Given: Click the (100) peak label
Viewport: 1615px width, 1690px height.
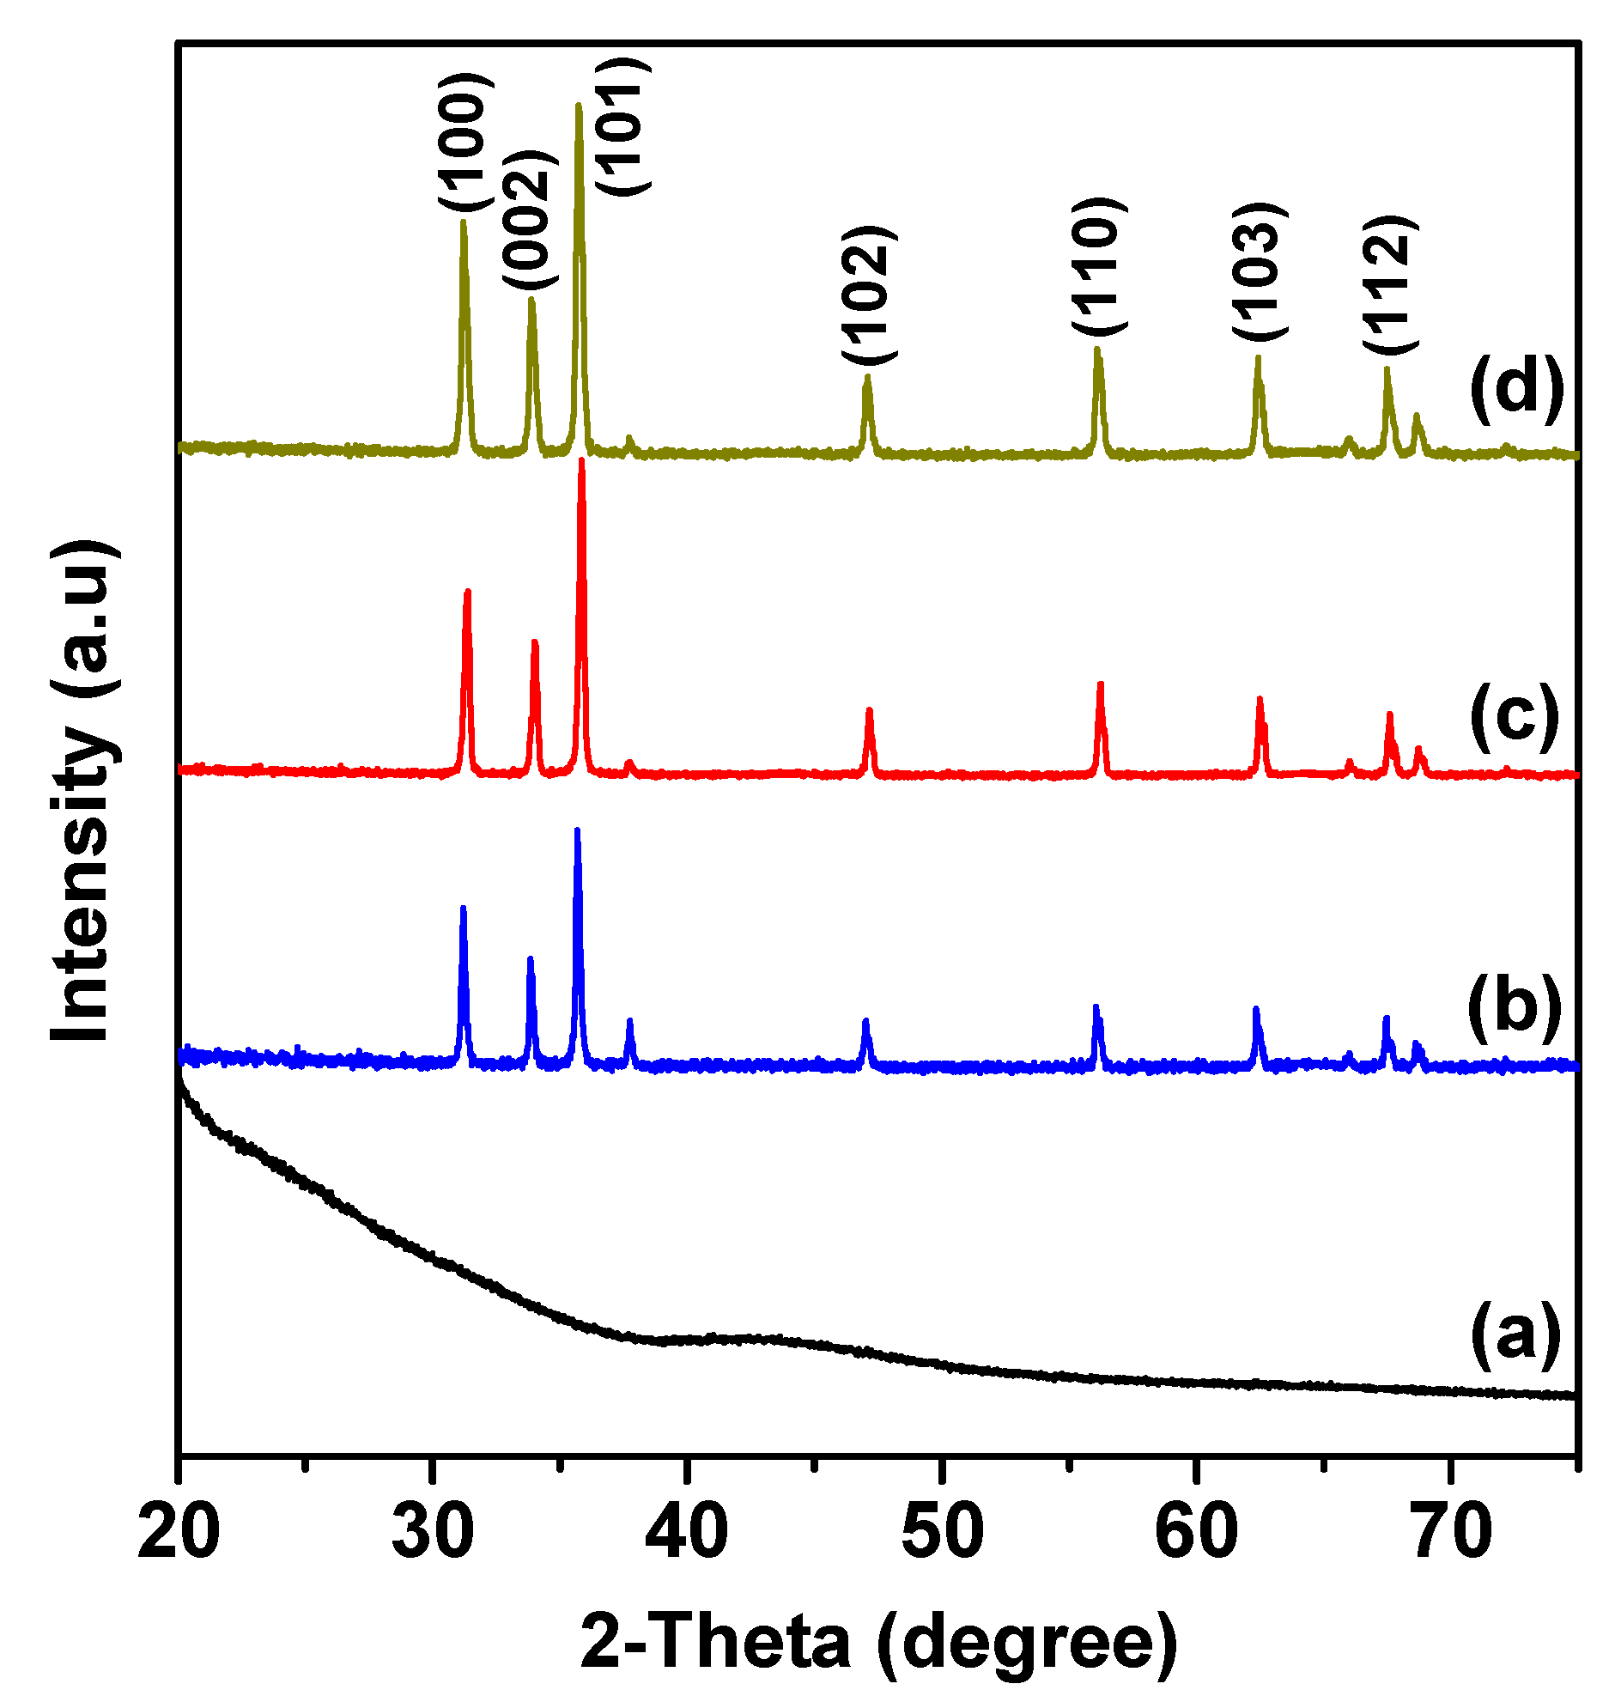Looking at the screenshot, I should tap(465, 143).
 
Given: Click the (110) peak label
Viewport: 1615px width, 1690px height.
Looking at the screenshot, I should tap(1099, 268).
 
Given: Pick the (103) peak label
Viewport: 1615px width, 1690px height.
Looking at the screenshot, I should tap(1259, 273).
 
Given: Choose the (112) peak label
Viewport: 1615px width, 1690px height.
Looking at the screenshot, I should tap(1389, 284).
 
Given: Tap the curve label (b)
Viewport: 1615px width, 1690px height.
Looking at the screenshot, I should tap(1515, 1004).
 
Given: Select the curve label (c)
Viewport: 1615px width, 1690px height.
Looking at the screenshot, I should tap(1515, 715).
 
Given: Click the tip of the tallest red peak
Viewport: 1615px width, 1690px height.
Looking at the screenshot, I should tap(582, 461).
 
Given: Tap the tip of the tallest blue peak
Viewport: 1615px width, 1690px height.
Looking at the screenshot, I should tap(577, 830).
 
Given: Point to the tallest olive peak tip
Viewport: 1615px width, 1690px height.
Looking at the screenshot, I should tap(579, 106).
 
